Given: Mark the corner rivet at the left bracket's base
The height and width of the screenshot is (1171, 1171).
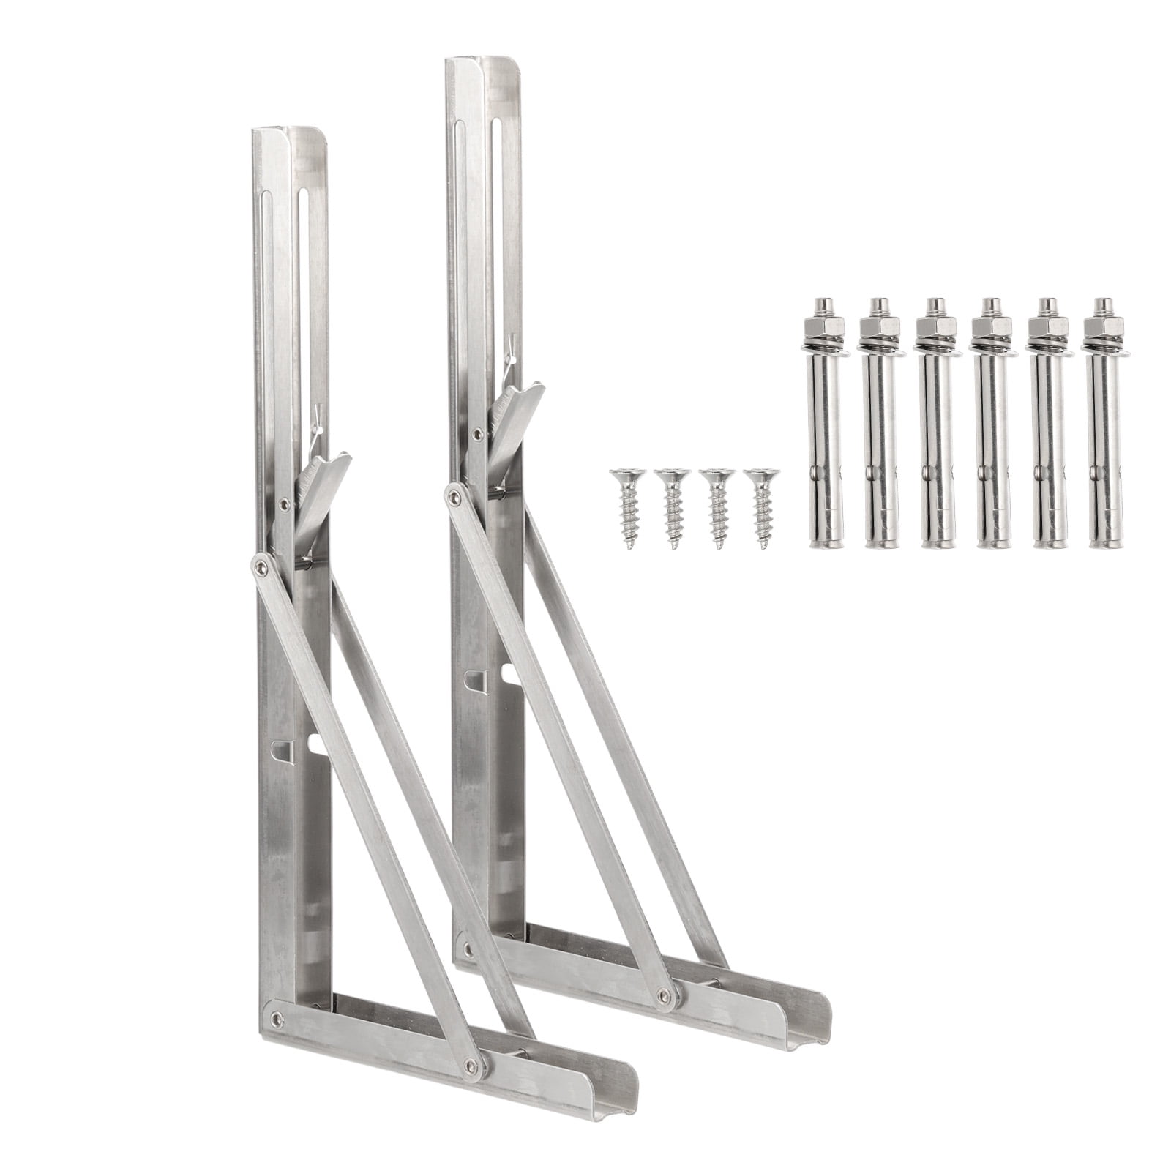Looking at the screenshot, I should [276, 1016].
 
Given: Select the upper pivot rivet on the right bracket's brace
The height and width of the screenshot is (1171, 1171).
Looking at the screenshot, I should [454, 497].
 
